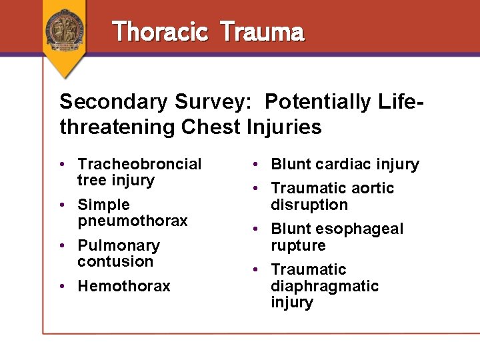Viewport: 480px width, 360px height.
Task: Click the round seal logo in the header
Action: (65, 28)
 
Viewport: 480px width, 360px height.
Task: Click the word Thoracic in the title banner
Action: (161, 31)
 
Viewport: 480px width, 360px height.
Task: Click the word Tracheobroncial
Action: (139, 164)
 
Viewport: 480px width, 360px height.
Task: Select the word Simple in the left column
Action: (103, 205)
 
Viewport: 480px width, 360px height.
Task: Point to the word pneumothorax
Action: (133, 221)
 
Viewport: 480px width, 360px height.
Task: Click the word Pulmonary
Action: (119, 245)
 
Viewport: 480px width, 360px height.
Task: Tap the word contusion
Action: (115, 261)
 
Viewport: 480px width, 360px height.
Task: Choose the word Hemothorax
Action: (124, 286)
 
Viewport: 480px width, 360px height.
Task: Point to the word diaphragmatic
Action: (325, 286)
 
